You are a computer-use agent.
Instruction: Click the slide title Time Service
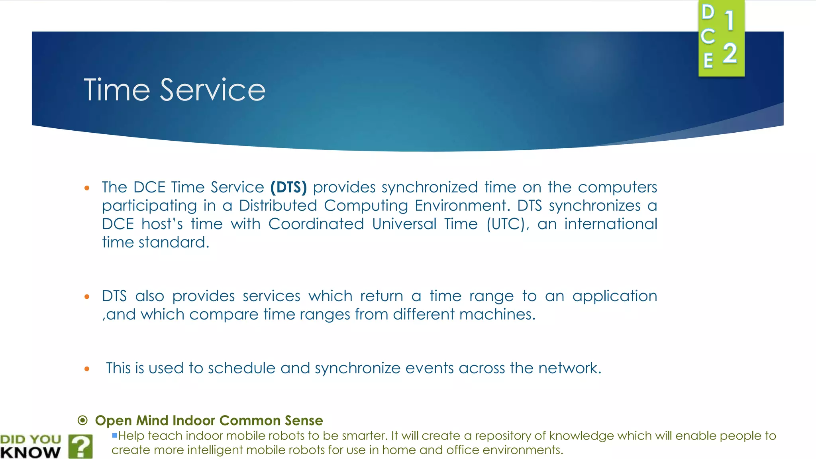[x=174, y=90]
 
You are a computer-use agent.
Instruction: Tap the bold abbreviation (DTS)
[x=288, y=187]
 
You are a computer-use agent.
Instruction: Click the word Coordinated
[x=316, y=224]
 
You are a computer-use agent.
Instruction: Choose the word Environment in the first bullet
[x=461, y=206]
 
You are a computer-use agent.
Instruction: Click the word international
[x=610, y=224]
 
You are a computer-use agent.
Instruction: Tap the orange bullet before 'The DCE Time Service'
[x=87, y=188]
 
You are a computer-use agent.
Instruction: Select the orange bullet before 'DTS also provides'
[x=87, y=297]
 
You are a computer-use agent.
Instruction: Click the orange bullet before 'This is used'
[x=87, y=369]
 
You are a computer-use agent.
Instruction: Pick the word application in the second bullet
[x=614, y=296]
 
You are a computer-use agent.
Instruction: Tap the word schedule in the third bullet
[x=241, y=368]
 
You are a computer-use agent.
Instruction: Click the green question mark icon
[x=80, y=446]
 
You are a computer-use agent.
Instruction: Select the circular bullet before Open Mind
[x=82, y=420]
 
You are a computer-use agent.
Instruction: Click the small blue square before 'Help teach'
[x=114, y=435]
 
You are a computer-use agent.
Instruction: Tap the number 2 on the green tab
[x=730, y=54]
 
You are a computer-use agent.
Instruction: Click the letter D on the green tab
[x=708, y=12]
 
